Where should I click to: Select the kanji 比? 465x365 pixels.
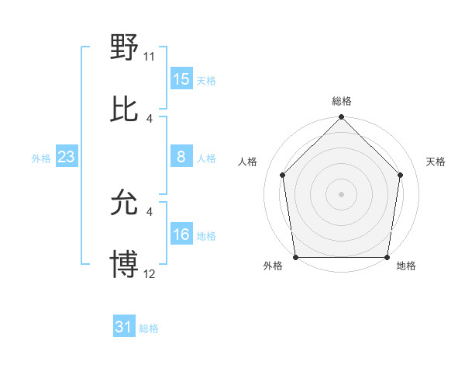point(125,109)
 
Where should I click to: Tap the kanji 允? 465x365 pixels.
point(125,203)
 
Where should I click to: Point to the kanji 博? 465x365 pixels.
point(125,264)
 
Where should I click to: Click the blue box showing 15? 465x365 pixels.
point(181,79)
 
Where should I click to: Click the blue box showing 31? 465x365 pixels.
point(124,328)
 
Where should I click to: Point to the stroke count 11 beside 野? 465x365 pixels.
point(150,56)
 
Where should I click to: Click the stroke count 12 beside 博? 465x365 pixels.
point(150,273)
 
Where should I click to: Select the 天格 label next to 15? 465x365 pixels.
point(206,80)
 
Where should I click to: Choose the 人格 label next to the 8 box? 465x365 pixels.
point(206,158)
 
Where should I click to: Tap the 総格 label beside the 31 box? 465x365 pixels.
point(149,328)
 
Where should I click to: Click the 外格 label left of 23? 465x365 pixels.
point(41,158)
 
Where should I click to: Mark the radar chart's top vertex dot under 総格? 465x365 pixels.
point(341,118)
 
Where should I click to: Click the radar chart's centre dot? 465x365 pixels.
point(341,193)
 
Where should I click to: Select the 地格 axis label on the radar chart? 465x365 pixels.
point(406,266)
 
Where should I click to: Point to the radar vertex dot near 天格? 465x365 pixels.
point(401,175)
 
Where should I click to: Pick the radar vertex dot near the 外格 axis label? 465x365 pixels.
point(296,257)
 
